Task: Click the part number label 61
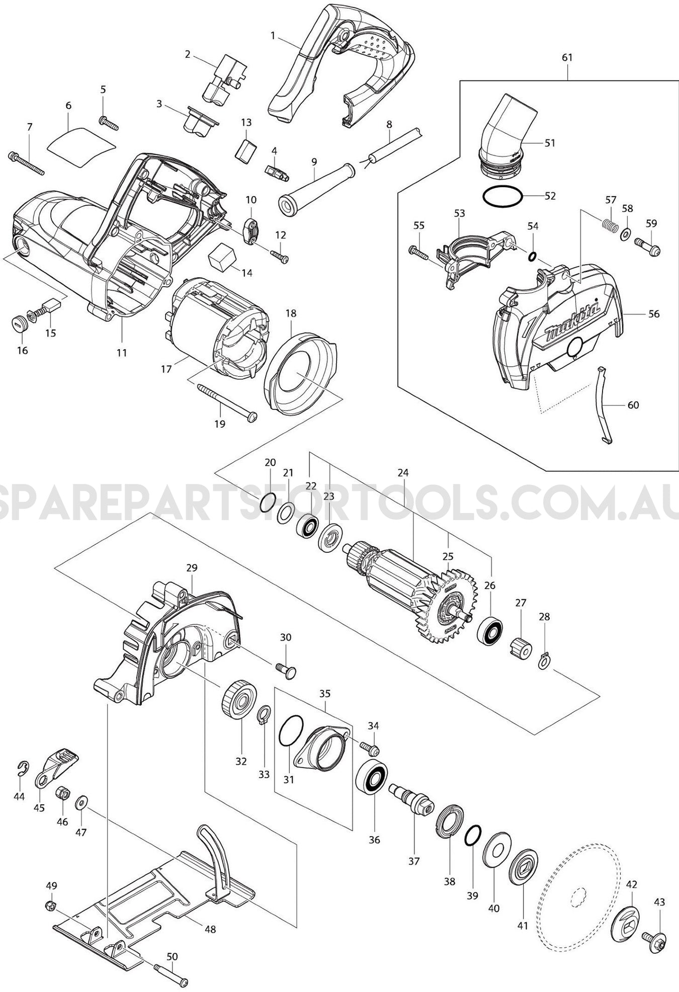click(x=567, y=58)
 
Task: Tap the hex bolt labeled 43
click(x=655, y=938)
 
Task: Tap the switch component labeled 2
click(x=223, y=75)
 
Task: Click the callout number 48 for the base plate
click(x=210, y=929)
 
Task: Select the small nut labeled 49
click(x=50, y=905)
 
